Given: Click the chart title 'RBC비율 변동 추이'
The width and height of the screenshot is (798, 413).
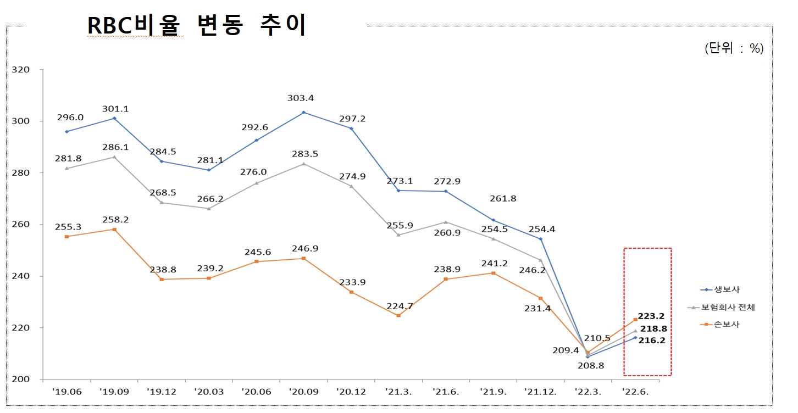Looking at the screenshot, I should [196, 25].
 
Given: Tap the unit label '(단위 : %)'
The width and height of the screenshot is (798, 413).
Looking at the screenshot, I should [734, 48].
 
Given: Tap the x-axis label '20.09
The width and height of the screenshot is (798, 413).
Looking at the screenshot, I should [303, 392].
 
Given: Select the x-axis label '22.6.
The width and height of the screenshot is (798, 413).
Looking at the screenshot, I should [635, 392].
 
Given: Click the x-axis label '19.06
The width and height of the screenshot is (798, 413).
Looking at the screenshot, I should [66, 392].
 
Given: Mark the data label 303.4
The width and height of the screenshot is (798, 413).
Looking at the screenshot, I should [304, 98].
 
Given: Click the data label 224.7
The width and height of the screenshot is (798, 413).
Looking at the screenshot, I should [398, 306].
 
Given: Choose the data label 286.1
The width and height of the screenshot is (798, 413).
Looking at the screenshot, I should [114, 148].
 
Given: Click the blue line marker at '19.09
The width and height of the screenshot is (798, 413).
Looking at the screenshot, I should [114, 118].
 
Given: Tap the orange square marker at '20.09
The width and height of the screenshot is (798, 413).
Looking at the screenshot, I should [304, 258].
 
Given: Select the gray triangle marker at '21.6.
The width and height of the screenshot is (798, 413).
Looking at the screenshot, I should [446, 222].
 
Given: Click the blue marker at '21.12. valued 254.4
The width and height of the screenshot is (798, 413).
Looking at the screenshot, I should [540, 239].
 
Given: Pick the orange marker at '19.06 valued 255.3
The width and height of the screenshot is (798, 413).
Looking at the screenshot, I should [67, 236].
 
